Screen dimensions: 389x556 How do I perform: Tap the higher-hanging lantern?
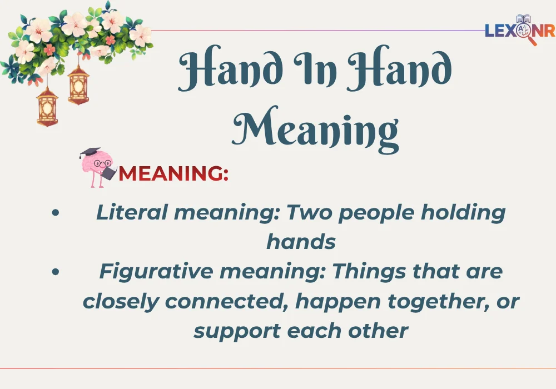click(x=79, y=85)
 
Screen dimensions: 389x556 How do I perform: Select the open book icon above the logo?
click(x=523, y=19)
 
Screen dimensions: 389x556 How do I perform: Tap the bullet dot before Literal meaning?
click(x=54, y=213)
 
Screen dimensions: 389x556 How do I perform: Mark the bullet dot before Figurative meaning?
click(x=54, y=272)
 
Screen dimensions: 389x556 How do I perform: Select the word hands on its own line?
click(x=301, y=242)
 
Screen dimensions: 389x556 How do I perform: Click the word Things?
click(x=368, y=272)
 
